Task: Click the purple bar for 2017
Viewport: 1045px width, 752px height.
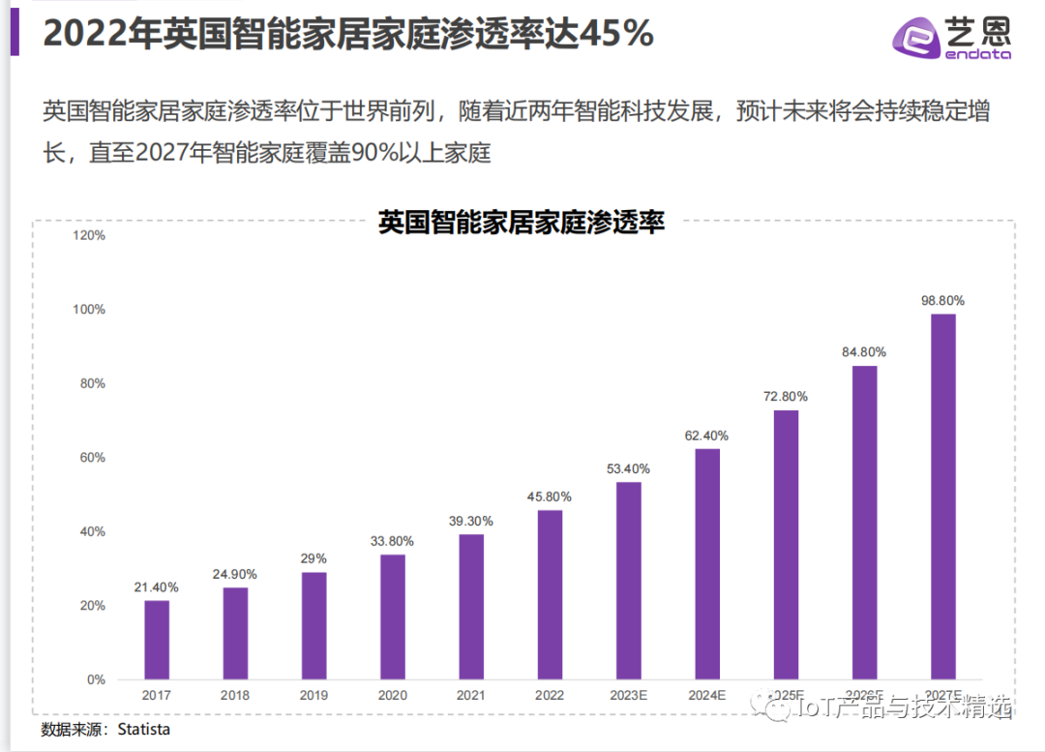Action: [x=157, y=640]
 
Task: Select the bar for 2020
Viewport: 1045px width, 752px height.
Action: [x=392, y=617]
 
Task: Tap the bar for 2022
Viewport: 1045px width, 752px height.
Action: [x=550, y=594]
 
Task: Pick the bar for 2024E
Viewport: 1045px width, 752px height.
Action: [x=707, y=563]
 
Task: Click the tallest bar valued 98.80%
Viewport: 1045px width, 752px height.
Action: [x=942, y=496]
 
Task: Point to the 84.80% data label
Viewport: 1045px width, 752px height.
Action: [x=864, y=352]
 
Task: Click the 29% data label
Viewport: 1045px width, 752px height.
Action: [x=313, y=558]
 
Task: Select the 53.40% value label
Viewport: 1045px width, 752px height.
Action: [x=628, y=468]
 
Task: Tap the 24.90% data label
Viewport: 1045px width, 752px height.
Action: [x=235, y=574]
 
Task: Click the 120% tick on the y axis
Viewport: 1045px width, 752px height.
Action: [x=90, y=235]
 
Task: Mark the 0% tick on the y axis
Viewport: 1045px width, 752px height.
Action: [x=96, y=679]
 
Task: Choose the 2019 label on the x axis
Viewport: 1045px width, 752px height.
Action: [x=313, y=695]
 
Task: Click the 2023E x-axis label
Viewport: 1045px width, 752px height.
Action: [x=628, y=695]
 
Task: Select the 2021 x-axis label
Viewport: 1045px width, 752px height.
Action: [x=470, y=695]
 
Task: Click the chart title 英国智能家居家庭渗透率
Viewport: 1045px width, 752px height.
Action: [x=522, y=222]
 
